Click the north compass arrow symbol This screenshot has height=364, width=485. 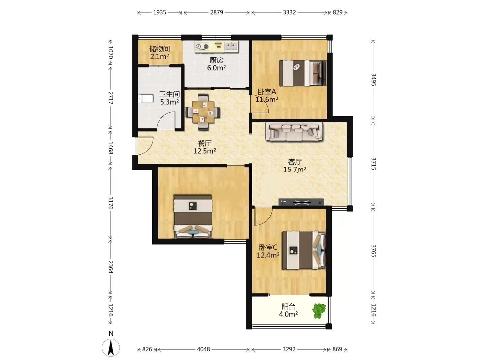point(111,347)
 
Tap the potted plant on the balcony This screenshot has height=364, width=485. point(319,311)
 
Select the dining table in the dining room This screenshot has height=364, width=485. point(203,112)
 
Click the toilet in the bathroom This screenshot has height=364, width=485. point(145,98)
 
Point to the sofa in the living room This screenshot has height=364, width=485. point(295,131)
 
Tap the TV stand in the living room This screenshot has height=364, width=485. point(301,202)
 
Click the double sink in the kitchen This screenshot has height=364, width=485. point(231,47)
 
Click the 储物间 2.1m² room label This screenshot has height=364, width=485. point(160,53)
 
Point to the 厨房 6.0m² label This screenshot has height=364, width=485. point(216,64)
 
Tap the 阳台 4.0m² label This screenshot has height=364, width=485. point(288,310)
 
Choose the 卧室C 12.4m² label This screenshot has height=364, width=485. point(268,251)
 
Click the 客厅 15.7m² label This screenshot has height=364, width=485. point(295,165)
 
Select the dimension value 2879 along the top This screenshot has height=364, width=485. point(217,12)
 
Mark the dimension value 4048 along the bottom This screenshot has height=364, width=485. point(203,349)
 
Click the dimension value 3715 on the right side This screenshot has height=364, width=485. point(374,163)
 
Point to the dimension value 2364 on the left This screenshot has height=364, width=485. point(111,267)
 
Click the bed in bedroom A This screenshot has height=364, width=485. point(303,73)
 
